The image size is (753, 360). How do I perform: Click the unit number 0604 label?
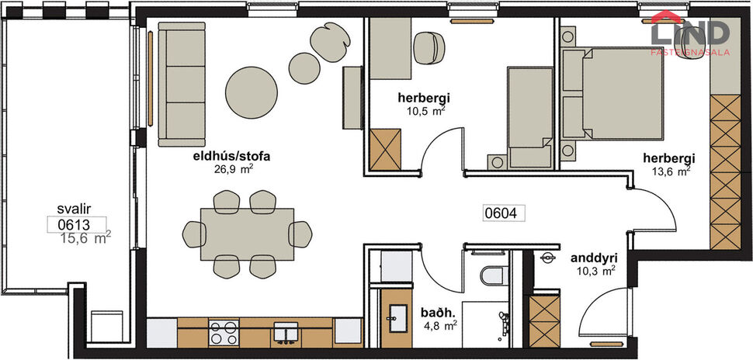[501, 212]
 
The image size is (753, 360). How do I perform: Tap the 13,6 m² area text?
[671, 172]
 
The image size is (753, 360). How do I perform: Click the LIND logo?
[690, 33]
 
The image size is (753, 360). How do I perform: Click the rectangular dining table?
[247, 234]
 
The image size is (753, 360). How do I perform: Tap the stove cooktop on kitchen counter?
[224, 332]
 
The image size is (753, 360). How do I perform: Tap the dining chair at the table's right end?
[301, 233]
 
